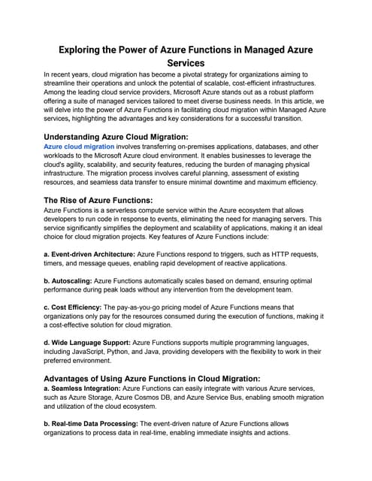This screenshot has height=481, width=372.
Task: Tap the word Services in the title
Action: point(186,64)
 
